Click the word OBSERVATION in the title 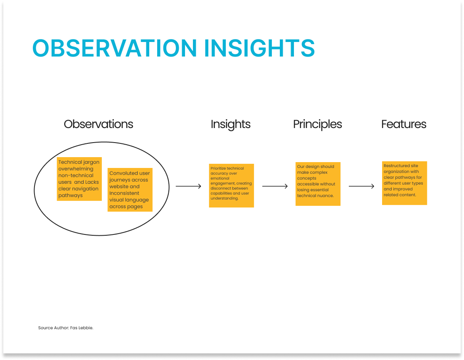tap(114, 48)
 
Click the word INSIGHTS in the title tap(259, 48)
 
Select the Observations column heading tap(99, 124)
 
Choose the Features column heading tap(404, 124)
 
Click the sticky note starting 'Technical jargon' tap(79, 179)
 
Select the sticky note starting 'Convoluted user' tap(130, 190)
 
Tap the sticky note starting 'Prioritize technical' tap(232, 185)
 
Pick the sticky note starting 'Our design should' tap(318, 184)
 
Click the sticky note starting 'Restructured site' tap(405, 183)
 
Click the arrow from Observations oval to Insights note tap(188, 186)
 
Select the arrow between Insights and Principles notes tap(275, 186)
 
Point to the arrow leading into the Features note tap(361, 186)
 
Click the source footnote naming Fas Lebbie tap(66, 328)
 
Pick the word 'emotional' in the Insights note tap(220, 178)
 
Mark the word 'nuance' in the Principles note tap(326, 195)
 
